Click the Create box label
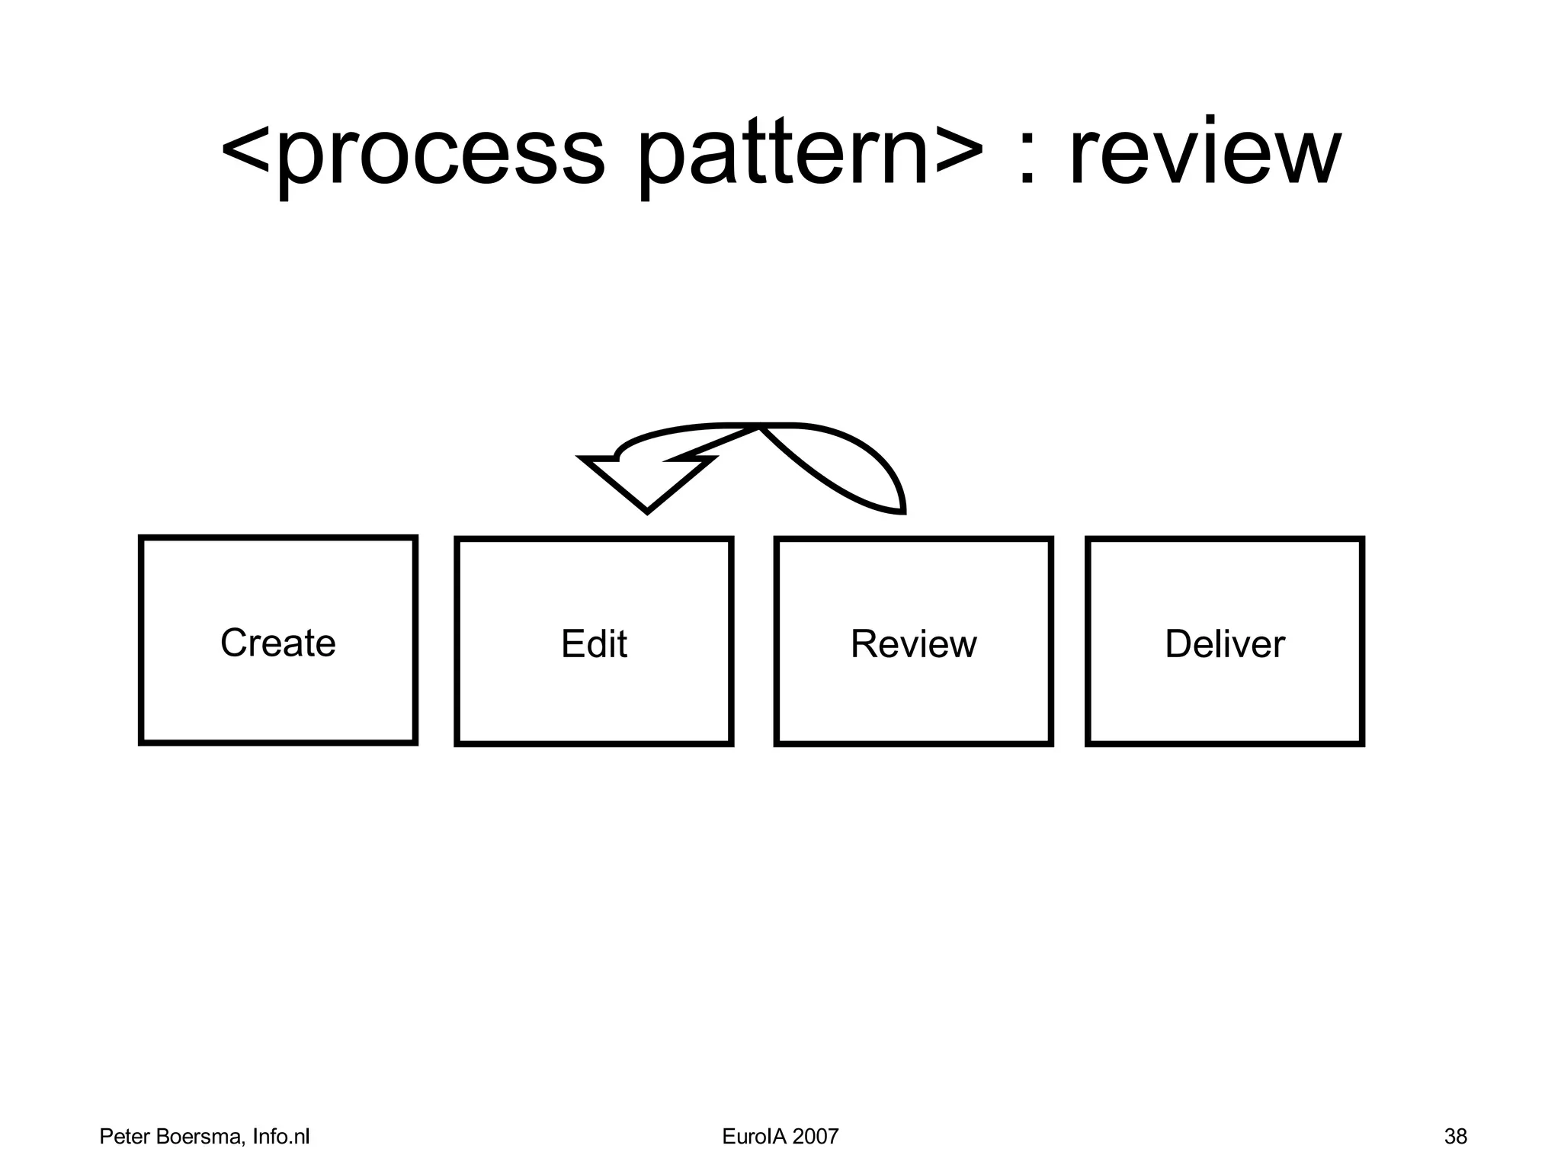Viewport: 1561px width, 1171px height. (x=277, y=643)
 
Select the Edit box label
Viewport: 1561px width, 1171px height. (x=594, y=643)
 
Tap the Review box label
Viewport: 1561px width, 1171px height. (x=913, y=643)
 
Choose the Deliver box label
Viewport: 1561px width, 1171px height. (x=1224, y=643)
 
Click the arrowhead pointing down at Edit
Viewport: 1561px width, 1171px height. (x=646, y=488)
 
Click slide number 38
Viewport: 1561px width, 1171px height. (x=1454, y=1137)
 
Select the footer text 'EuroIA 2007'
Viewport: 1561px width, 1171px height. (x=780, y=1137)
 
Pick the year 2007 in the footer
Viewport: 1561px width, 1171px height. (x=815, y=1137)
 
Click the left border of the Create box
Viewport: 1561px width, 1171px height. (x=142, y=640)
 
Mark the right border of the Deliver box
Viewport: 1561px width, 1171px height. (x=1361, y=640)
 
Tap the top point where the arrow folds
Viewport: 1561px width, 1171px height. (x=761, y=426)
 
